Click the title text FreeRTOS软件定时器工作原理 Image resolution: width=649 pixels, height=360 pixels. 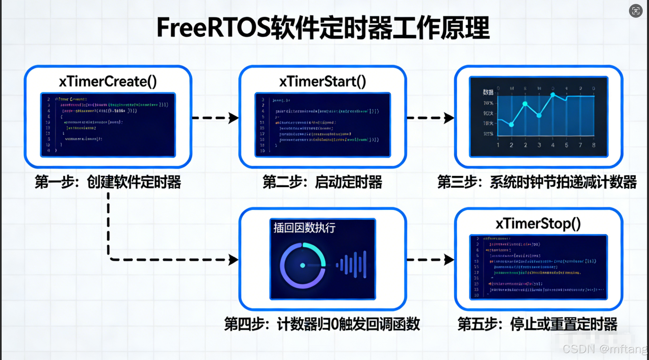(323, 28)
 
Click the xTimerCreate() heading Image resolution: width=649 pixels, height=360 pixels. (108, 81)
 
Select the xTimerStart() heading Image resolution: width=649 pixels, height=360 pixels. (322, 81)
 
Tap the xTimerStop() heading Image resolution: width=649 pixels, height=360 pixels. (538, 223)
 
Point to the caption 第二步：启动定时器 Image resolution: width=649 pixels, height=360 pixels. (322, 182)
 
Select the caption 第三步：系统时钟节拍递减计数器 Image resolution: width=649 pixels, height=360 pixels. (537, 182)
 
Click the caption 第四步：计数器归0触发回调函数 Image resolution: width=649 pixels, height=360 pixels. (322, 324)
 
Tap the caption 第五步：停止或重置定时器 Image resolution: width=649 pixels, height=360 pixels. (537, 324)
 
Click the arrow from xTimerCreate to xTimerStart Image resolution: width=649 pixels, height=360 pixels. (215, 118)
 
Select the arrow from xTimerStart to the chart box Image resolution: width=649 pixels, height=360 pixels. (430, 118)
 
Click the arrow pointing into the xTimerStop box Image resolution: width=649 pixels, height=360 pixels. (430, 260)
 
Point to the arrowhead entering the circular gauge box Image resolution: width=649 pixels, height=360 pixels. (233, 260)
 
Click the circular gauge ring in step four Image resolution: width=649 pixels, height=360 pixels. (303, 265)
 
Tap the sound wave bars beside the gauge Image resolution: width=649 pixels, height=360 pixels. (351, 265)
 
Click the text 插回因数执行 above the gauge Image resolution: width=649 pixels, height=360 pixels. (304, 227)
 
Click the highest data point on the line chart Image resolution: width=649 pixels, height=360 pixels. (553, 95)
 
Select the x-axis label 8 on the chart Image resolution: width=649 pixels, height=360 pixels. (594, 145)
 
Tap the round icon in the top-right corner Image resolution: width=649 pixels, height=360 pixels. (636, 11)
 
